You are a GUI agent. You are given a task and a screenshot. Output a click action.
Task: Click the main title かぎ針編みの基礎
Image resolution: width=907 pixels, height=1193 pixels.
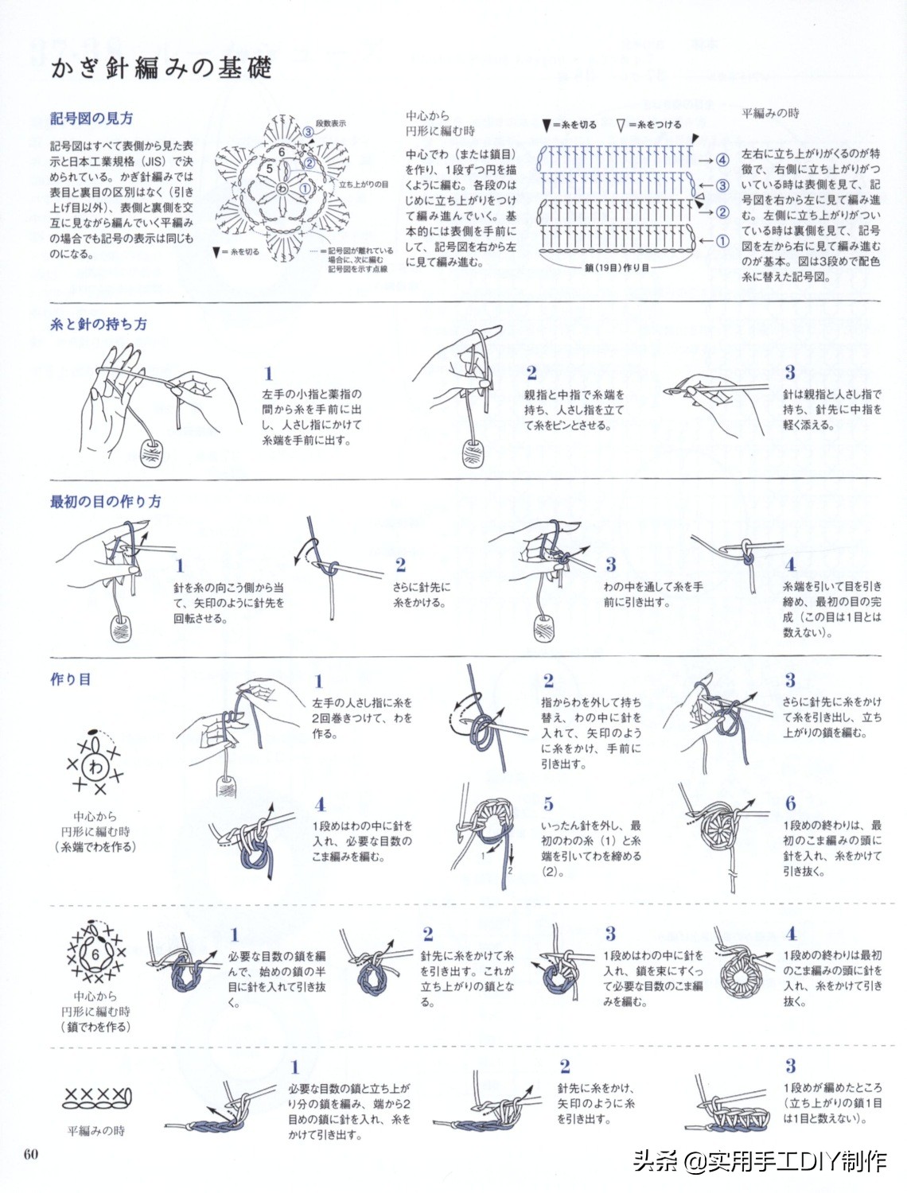pos(162,68)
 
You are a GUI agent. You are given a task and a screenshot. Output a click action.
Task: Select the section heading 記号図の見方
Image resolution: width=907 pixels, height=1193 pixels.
pos(91,119)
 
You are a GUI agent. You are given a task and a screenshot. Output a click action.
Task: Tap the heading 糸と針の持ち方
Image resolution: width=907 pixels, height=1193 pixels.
pos(98,324)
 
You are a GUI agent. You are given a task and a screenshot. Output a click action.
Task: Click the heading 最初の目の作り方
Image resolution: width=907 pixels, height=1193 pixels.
pos(105,501)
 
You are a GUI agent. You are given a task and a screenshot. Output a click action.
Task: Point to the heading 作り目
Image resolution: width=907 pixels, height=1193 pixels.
pos(70,679)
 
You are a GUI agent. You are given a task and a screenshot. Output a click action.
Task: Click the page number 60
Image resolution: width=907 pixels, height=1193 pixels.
pos(31,1154)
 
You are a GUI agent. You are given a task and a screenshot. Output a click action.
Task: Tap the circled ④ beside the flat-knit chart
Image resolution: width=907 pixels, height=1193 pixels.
pos(722,160)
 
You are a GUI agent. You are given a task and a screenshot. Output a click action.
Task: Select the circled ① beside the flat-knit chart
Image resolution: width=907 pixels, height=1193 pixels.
pos(722,241)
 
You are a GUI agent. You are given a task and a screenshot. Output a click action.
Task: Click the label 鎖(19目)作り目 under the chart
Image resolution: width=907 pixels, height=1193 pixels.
pos(617,268)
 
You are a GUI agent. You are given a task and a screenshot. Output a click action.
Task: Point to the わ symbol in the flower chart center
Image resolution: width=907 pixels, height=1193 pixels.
pos(282,188)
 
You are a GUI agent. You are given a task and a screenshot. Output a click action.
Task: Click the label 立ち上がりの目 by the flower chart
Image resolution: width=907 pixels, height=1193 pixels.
pos(364,185)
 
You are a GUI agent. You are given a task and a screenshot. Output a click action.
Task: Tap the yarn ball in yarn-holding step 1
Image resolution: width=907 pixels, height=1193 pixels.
pos(151,451)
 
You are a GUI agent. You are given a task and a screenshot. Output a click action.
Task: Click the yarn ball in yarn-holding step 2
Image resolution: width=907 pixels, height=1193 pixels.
pos(474,453)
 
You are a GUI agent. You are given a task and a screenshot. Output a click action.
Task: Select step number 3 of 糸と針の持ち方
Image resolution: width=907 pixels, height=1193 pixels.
pos(789,372)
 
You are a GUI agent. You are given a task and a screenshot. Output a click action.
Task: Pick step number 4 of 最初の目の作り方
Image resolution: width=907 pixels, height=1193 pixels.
pos(789,565)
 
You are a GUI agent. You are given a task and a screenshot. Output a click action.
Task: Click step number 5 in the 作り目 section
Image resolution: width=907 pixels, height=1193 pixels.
pos(548,804)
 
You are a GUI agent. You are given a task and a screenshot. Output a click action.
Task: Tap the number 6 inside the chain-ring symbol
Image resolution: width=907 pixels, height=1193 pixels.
pos(95,954)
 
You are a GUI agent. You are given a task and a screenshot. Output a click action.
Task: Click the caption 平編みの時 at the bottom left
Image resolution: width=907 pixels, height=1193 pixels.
pos(95,1131)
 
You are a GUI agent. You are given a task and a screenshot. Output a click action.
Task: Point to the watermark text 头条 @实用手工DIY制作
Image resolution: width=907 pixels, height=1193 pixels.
pos(760,1161)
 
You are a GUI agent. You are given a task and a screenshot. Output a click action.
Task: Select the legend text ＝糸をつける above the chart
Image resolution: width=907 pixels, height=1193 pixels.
pos(655,125)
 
